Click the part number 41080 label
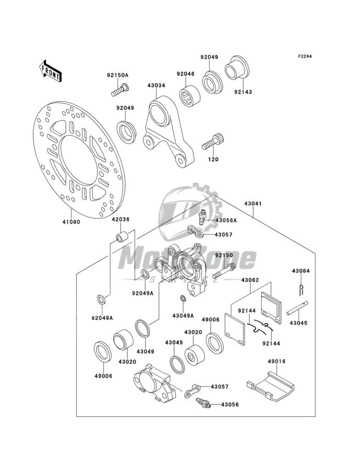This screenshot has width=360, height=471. pos(71,222)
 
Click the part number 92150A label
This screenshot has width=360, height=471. pos(118,75)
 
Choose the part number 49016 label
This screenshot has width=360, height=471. pos(277,362)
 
